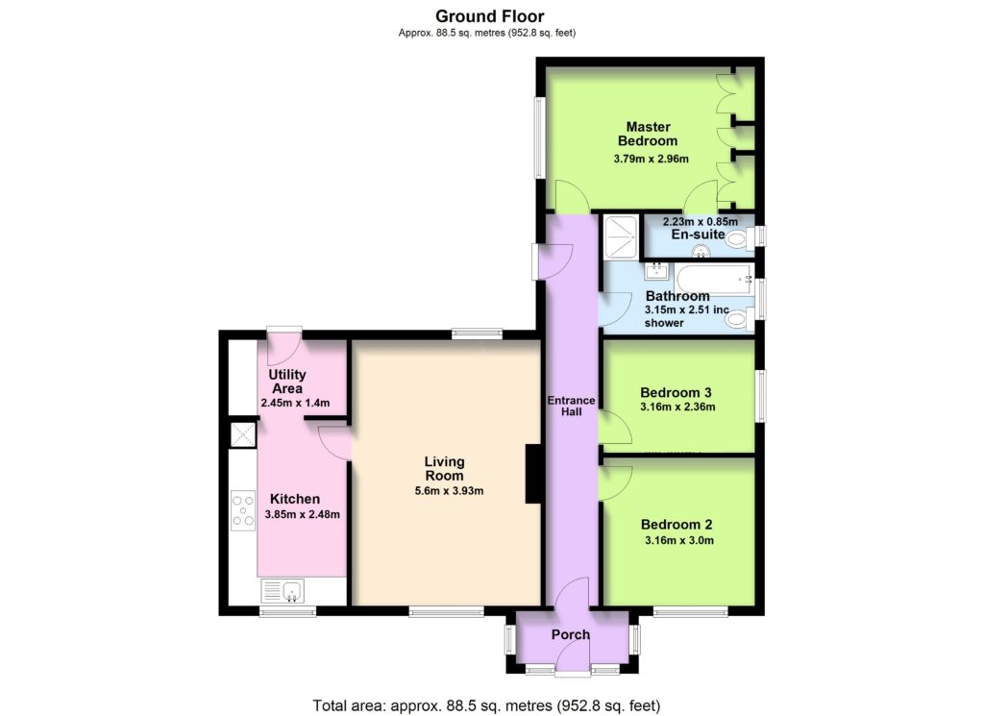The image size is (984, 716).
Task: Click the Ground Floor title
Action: pyautogui.click(x=490, y=15)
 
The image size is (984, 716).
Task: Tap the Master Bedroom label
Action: pyautogui.click(x=648, y=134)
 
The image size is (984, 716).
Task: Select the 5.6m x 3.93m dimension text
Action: pyautogui.click(x=450, y=491)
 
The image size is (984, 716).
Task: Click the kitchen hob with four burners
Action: pyautogui.click(x=243, y=510)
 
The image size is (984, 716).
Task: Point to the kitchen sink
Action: pyautogui.click(x=283, y=590)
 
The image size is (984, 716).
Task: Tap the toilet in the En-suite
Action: pyautogui.click(x=742, y=238)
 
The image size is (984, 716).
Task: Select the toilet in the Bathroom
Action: pyautogui.click(x=739, y=319)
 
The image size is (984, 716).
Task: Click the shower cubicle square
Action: pyautogui.click(x=621, y=236)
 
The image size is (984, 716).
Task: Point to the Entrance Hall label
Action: pyautogui.click(x=571, y=406)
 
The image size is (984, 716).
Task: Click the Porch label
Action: pyautogui.click(x=571, y=634)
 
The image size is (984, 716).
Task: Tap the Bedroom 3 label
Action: pyautogui.click(x=676, y=393)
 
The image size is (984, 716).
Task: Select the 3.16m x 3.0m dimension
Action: pyautogui.click(x=679, y=540)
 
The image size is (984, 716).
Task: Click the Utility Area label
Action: pyautogui.click(x=287, y=382)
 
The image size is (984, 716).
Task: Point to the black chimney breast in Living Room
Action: pyautogui.click(x=532, y=474)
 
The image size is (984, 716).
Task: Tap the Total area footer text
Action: pyautogui.click(x=487, y=705)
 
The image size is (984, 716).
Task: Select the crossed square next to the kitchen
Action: pyautogui.click(x=243, y=434)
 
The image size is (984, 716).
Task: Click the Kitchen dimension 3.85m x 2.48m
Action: pyautogui.click(x=303, y=514)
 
